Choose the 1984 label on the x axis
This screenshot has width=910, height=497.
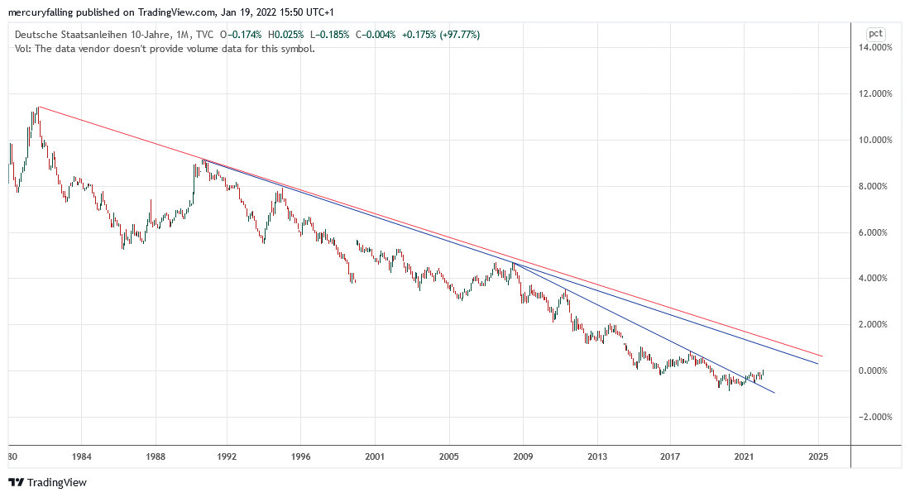click(80, 456)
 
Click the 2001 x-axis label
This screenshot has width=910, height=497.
click(375, 456)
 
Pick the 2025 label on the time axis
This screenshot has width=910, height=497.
click(817, 456)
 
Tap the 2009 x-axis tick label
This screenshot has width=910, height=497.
click(523, 456)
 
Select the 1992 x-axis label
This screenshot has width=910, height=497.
click(227, 456)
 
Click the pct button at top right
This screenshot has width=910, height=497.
click(875, 34)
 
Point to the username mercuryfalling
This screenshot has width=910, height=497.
click(41, 11)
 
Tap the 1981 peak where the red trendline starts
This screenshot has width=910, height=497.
click(38, 107)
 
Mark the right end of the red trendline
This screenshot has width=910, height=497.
click(822, 356)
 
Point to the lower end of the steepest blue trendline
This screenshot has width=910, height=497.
click(774, 393)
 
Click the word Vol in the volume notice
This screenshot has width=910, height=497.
click(22, 48)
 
